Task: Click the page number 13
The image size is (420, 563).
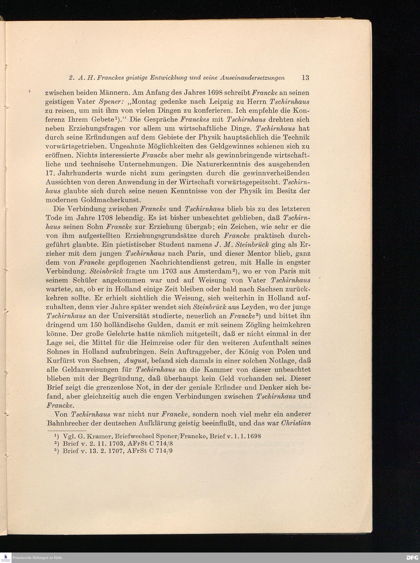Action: coord(305,77)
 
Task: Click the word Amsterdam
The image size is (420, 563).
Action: coord(213,271)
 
